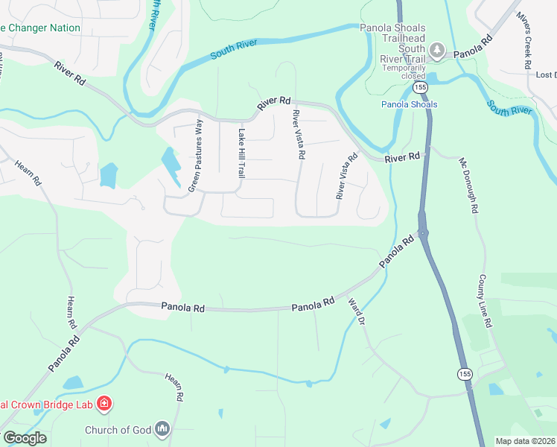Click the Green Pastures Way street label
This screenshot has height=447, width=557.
[x=196, y=155]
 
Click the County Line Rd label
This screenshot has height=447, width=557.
[x=485, y=301]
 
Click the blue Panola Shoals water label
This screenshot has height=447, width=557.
[x=409, y=104]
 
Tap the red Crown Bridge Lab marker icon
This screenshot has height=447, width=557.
[x=104, y=405]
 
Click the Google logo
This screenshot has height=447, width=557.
[x=25, y=437]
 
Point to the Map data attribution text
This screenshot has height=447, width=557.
[x=525, y=441]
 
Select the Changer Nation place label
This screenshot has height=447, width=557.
[x=40, y=28]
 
